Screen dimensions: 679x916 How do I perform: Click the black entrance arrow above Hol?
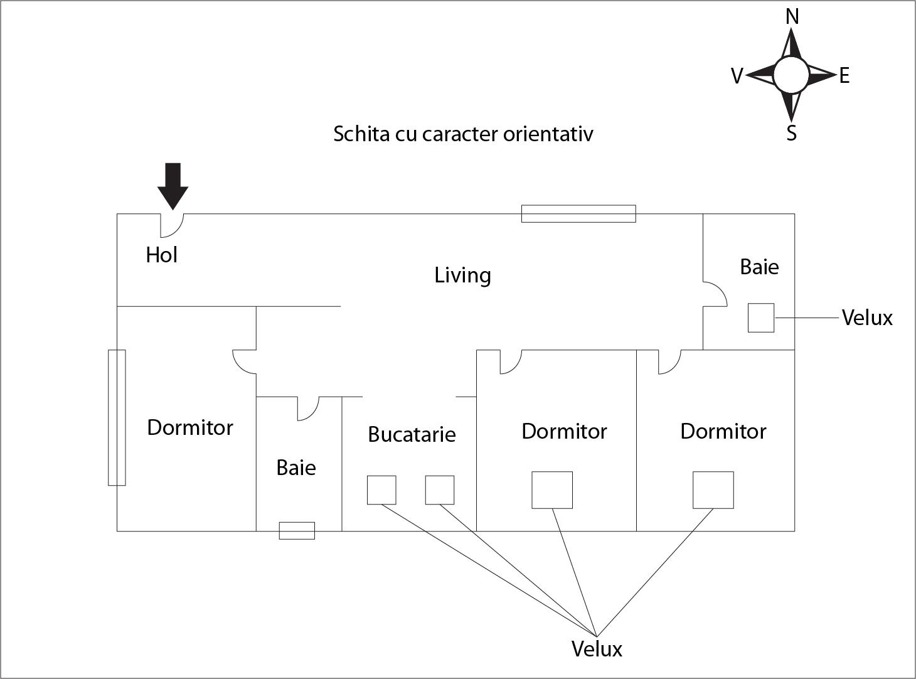tap(173, 185)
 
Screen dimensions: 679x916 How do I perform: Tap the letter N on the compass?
tap(792, 17)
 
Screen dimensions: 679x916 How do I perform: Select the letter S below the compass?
tap(792, 133)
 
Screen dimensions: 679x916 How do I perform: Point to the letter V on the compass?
tap(737, 76)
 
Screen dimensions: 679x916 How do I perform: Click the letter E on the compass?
tap(844, 76)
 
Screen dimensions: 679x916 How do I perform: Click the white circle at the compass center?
tap(791, 75)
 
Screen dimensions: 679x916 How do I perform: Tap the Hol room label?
tap(162, 255)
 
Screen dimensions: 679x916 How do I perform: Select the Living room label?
tap(462, 275)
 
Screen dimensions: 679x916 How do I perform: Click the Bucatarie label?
tap(412, 434)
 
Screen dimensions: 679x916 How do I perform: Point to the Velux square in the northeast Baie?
tap(761, 318)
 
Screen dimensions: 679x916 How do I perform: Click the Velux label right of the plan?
tap(867, 318)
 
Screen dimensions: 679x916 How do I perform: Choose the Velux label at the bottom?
tap(597, 649)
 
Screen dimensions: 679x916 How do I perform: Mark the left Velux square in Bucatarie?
tap(381, 490)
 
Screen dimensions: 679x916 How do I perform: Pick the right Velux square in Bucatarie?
tap(440, 490)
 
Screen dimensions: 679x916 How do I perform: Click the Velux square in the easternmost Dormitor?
tap(713, 490)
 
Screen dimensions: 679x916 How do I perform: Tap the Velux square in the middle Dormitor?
tap(552, 490)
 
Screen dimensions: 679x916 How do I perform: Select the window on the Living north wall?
tap(578, 214)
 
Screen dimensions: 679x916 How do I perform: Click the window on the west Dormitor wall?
tap(117, 417)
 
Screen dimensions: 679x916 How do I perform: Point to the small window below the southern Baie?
tap(297, 531)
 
